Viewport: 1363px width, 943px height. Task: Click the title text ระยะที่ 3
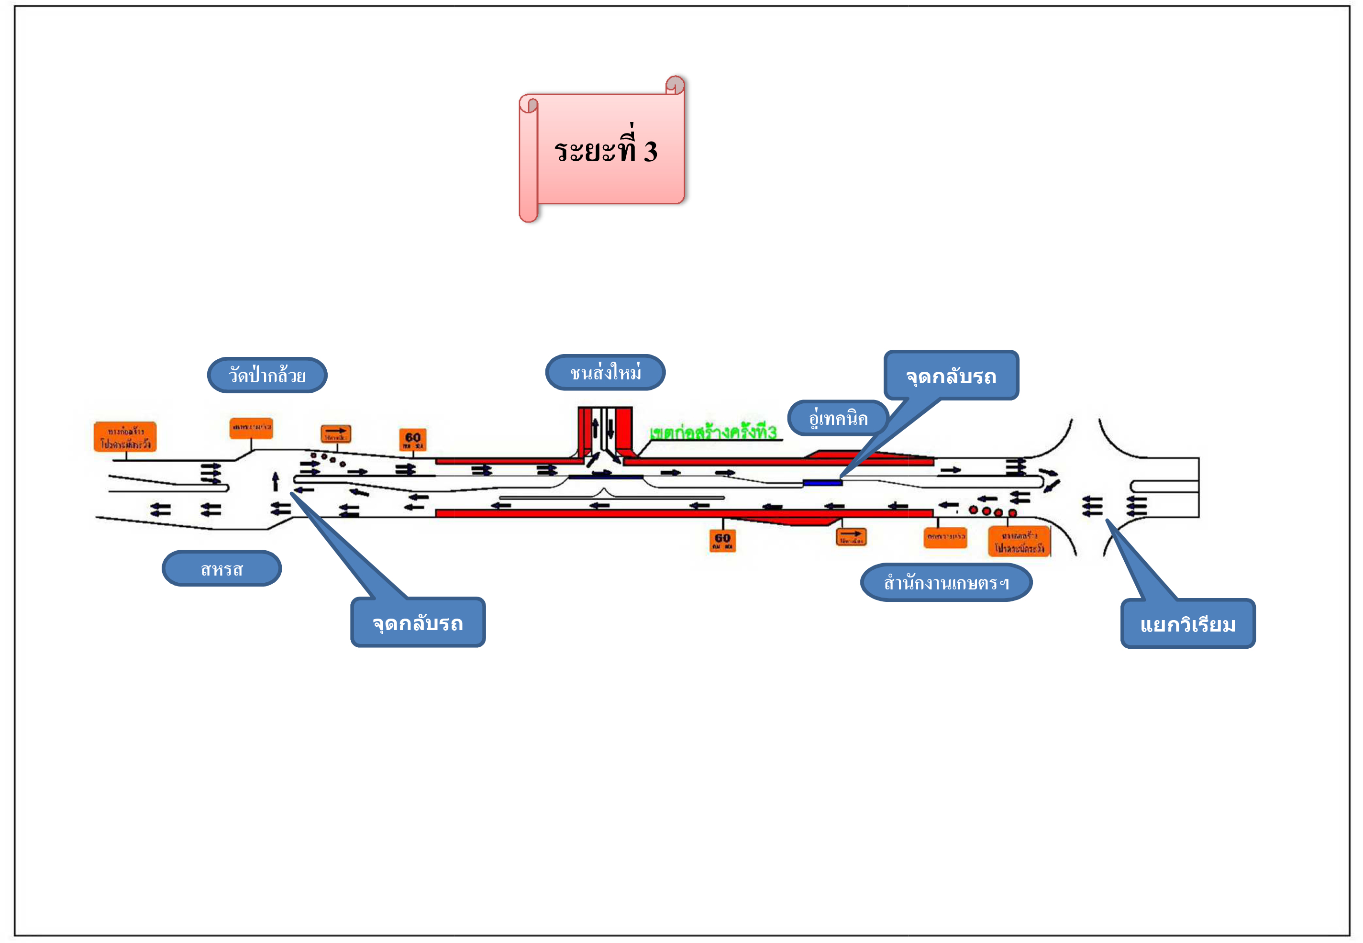[606, 151]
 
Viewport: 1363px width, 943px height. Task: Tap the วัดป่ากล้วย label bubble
[267, 375]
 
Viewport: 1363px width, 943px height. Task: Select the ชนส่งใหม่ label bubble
[606, 373]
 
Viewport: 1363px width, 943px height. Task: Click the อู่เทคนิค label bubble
[838, 418]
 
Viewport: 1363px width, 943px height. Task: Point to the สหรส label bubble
[222, 569]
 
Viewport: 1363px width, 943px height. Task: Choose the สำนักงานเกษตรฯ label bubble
[946, 583]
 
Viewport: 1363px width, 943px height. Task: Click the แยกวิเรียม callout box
[1187, 624]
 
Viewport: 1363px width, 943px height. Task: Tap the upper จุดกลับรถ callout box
[951, 376]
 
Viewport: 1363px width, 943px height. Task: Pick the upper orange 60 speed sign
[412, 439]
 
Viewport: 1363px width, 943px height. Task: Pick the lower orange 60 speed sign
[722, 540]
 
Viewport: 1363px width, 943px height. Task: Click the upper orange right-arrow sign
[335, 433]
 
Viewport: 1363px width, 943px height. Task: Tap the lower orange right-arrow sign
[851, 536]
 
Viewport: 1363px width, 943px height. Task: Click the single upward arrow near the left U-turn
[275, 481]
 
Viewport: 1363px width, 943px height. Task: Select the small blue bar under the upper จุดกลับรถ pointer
[822, 483]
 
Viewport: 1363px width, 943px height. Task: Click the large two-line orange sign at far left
[125, 437]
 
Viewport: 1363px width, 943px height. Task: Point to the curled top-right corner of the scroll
[676, 85]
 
